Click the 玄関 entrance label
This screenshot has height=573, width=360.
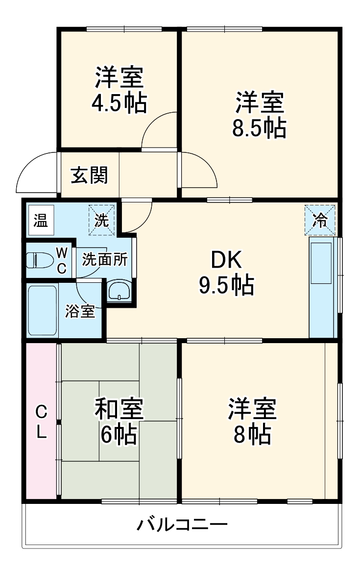pyautogui.click(x=89, y=175)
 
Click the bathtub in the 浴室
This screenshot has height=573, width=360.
pyautogui.click(x=42, y=310)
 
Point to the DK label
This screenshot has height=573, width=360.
pyautogui.click(x=226, y=260)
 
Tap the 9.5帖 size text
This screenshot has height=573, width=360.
pyautogui.click(x=226, y=285)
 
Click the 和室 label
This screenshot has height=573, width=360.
pyautogui.click(x=119, y=409)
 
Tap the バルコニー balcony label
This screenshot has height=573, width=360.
pyautogui.click(x=182, y=526)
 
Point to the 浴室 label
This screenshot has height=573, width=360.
pyautogui.click(x=80, y=311)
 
